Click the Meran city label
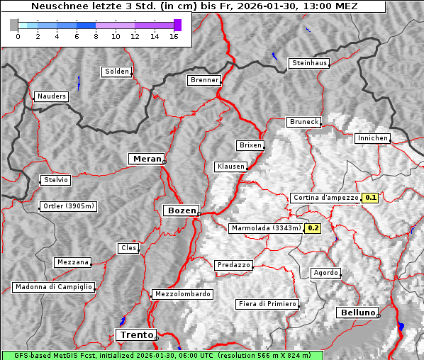tap(146, 159)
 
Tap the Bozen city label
tap(181, 210)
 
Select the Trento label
tap(135, 334)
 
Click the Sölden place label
tap(117, 72)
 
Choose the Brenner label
tap(205, 80)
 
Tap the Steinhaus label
tap(310, 63)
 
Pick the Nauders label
tap(50, 96)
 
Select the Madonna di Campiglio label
tap(53, 287)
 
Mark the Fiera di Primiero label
tap(267, 304)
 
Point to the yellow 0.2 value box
tap(313, 228)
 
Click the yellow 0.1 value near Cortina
tap(370, 198)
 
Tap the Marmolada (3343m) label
tap(266, 228)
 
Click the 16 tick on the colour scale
tap(174, 36)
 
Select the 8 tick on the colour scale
tap(96, 36)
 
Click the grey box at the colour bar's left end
tap(14, 25)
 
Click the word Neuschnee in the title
tap(55, 6)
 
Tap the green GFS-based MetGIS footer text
tap(162, 355)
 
